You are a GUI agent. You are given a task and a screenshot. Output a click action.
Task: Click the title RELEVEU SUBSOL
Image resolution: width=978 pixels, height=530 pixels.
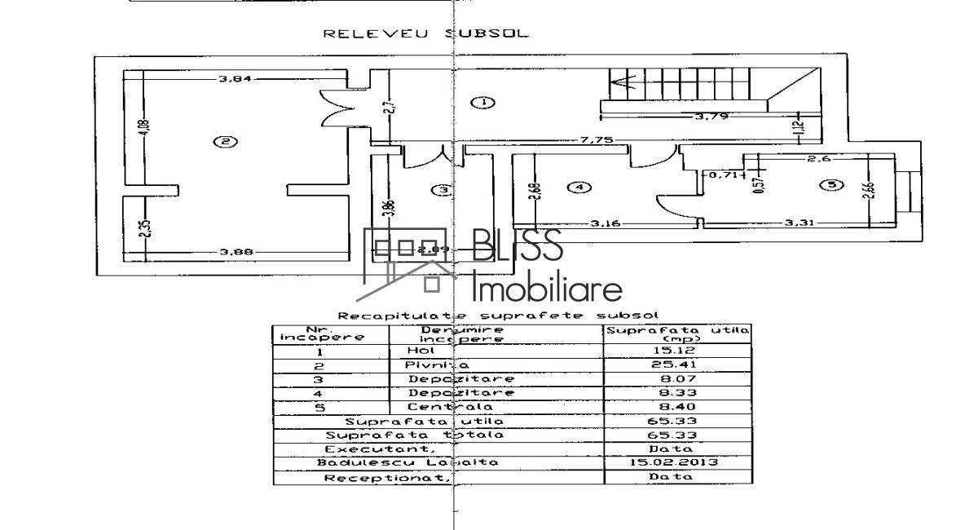pyautogui.click(x=425, y=34)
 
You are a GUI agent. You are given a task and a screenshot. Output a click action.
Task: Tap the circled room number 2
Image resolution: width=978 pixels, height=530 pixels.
pyautogui.click(x=225, y=142)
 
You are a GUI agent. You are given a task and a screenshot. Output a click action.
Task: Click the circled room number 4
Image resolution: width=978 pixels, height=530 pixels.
pyautogui.click(x=579, y=188)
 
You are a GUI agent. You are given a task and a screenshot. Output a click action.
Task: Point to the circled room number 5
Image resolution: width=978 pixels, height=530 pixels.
pyautogui.click(x=830, y=185)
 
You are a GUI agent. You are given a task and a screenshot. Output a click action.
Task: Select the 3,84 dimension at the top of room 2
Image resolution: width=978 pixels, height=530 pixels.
pyautogui.click(x=234, y=78)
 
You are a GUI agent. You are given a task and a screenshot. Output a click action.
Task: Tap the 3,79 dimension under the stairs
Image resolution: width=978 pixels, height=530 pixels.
pyautogui.click(x=710, y=117)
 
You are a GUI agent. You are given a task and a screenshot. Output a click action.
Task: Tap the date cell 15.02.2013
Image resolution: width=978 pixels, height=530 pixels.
pyautogui.click(x=676, y=462)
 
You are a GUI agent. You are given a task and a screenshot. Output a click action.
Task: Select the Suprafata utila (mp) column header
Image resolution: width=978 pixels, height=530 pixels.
pyautogui.click(x=676, y=333)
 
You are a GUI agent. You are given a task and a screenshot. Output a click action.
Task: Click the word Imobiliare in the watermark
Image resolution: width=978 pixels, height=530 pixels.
pyautogui.click(x=547, y=289)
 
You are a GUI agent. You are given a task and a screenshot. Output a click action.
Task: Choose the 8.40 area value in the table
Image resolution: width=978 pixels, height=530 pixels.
pyautogui.click(x=676, y=407)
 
